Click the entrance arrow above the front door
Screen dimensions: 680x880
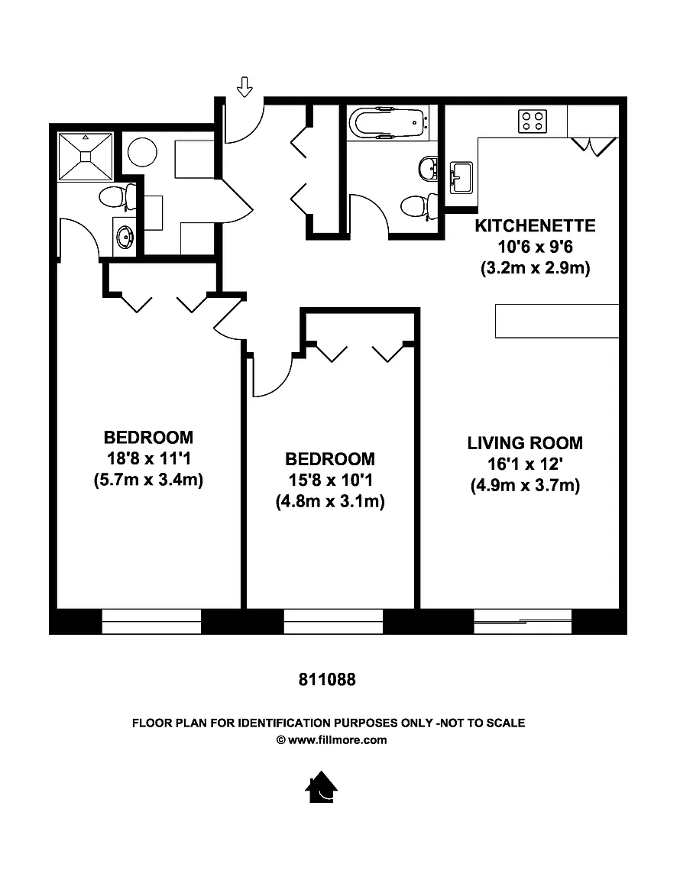tap(244, 86)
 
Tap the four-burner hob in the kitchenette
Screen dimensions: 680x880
tap(533, 121)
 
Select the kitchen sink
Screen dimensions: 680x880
tap(461, 177)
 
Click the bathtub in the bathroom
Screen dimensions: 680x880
tap(386, 121)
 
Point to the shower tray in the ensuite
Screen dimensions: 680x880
tap(86, 157)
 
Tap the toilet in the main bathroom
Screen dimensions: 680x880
tap(419, 206)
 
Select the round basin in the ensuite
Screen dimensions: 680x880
tap(125, 238)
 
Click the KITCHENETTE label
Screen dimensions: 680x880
tap(535, 225)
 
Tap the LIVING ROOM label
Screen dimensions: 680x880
tap(525, 443)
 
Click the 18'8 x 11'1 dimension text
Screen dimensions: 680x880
tap(149, 458)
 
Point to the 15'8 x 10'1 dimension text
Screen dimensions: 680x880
tap(330, 480)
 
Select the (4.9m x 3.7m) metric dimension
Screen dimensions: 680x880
tap(525, 485)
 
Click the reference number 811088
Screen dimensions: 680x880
tap(327, 680)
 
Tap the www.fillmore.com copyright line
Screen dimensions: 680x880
tap(332, 739)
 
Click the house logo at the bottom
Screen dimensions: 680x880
tap(321, 787)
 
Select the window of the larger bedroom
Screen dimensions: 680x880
tap(151, 622)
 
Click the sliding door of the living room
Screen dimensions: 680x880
tap(523, 622)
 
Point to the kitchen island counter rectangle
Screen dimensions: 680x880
tap(557, 321)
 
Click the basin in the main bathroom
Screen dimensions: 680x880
tap(429, 168)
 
